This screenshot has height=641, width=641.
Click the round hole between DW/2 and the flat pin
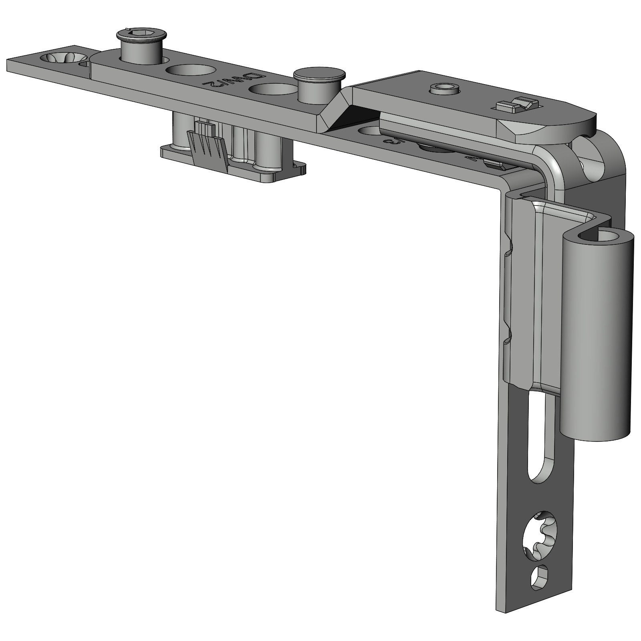pyautogui.click(x=272, y=89)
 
